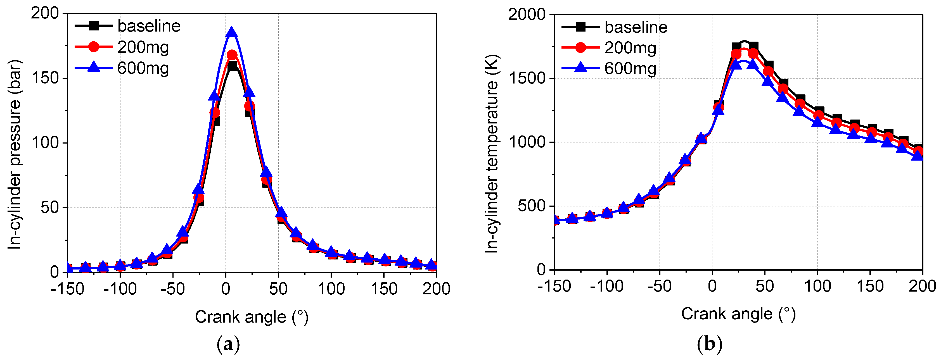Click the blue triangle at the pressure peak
(232, 32)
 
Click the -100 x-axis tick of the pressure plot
(120, 289)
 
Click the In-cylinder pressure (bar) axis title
(15, 155)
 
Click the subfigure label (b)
(709, 344)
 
